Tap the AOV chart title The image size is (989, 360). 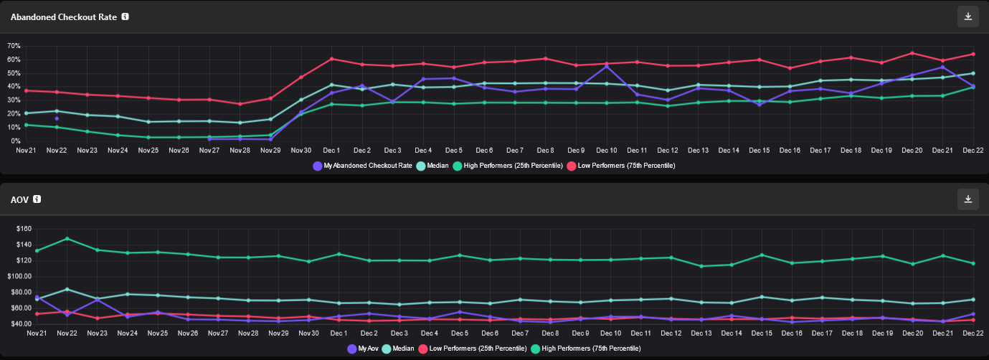pos(19,199)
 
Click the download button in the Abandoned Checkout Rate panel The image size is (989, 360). pos(967,16)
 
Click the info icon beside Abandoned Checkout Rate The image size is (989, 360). pos(126,16)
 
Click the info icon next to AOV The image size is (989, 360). pos(37,199)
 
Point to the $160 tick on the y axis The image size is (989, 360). pos(24,229)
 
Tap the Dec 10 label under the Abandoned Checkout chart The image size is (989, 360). pos(606,151)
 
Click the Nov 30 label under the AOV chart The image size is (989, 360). pos(308,333)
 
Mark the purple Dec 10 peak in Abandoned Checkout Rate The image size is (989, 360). pos(607,66)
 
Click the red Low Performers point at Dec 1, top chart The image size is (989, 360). pos(332,59)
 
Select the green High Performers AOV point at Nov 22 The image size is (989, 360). pos(67,238)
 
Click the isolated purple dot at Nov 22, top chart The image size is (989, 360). pos(57,118)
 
